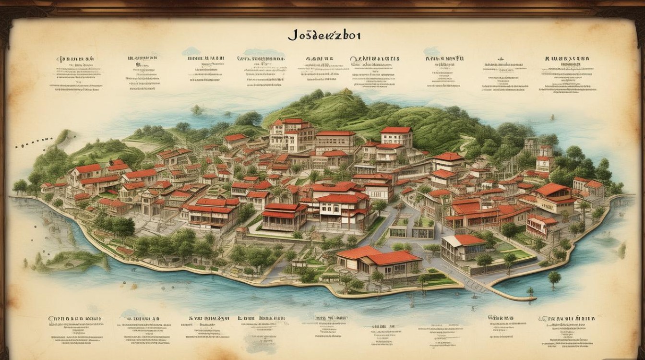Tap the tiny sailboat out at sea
(x=552, y=117)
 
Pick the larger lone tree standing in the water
(x=554, y=278)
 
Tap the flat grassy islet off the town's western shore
(x=72, y=262)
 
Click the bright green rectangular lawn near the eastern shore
(x=516, y=252)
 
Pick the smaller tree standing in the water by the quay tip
(x=530, y=291)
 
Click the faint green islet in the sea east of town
(x=622, y=250)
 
